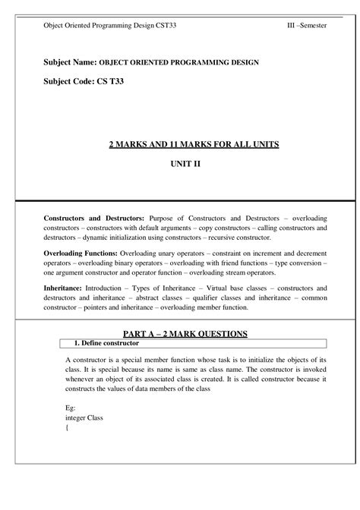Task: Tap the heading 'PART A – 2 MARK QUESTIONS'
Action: point(185,335)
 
